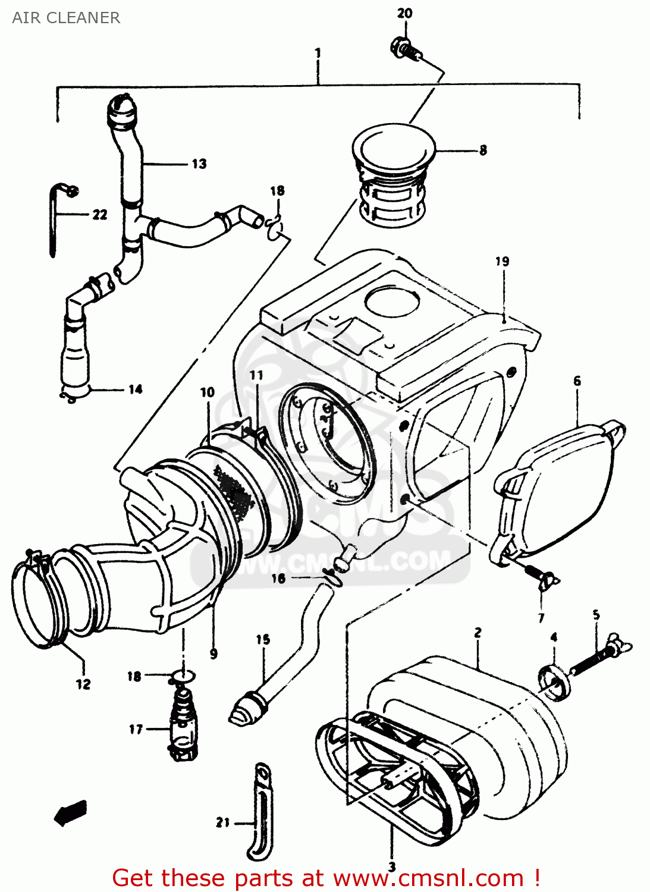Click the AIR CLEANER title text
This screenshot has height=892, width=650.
click(66, 18)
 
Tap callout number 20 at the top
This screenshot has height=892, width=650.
click(404, 13)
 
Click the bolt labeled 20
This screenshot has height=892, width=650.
click(404, 47)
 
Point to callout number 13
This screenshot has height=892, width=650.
click(199, 164)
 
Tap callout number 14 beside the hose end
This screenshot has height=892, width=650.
click(136, 389)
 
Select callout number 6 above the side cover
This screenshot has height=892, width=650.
click(577, 381)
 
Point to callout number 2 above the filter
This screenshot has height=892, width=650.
click(478, 633)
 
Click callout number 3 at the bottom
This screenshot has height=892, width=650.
click(392, 867)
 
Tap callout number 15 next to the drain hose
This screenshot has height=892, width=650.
click(263, 640)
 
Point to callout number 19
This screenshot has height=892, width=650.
click(502, 261)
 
